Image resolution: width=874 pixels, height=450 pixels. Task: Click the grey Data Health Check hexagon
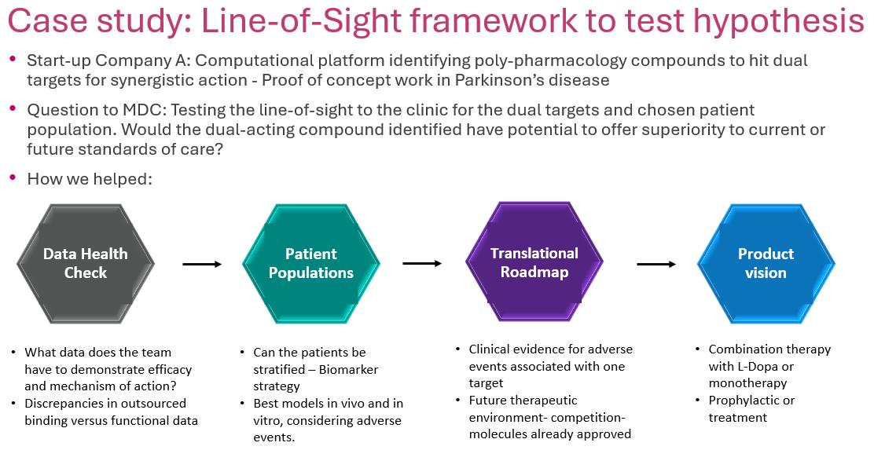tap(85, 264)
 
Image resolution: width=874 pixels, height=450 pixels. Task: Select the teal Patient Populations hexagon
tap(310, 264)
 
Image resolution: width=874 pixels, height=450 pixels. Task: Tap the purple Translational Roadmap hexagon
tap(534, 262)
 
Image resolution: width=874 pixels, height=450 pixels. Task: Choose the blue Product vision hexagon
tap(766, 264)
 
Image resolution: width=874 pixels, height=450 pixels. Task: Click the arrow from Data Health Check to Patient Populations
tap(202, 265)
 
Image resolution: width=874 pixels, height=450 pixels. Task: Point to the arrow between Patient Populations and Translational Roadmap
tap(422, 263)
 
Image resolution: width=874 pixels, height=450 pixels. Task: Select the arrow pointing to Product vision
tap(656, 264)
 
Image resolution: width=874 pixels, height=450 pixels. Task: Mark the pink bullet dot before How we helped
tap(13, 177)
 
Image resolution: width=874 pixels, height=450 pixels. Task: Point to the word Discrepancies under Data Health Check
tap(69, 404)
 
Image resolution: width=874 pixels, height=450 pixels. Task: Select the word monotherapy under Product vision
tap(747, 383)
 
